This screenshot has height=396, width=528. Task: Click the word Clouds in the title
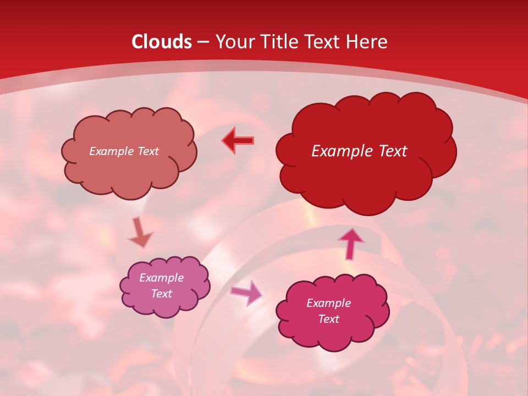point(162,42)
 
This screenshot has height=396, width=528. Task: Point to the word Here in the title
point(366,42)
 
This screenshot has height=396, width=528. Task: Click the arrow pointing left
point(238,141)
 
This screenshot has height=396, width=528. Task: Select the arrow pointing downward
point(140,233)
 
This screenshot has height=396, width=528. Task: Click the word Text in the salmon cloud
point(147,151)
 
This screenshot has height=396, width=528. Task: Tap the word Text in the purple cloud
point(162,294)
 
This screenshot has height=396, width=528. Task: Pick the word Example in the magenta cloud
point(328,303)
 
